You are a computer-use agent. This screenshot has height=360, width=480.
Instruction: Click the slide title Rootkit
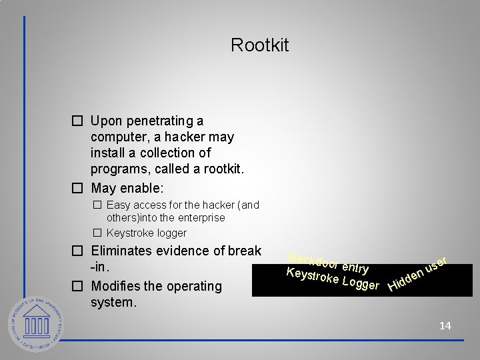259,46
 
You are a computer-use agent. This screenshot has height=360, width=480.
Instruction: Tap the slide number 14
445,325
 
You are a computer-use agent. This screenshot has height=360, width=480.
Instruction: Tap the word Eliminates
125,251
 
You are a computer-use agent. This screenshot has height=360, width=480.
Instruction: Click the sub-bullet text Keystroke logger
146,233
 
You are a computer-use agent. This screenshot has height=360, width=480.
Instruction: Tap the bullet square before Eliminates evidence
77,251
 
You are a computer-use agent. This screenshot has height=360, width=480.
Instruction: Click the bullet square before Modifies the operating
77,287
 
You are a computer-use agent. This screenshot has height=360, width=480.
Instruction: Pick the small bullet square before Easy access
97,205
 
